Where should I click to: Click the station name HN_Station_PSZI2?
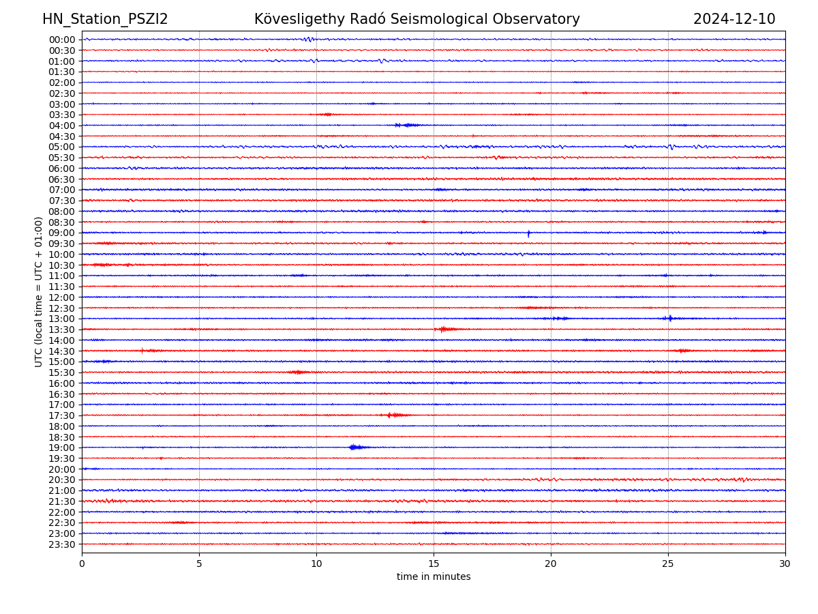pos(105,20)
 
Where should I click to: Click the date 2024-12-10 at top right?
pos(734,20)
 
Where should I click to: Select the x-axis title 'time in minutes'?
pos(434,577)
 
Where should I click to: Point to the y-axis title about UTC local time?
pos(39,292)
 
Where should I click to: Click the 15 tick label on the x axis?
pos(434,564)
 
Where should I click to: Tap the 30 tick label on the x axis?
pos(785,564)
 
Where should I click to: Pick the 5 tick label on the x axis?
pos(199,564)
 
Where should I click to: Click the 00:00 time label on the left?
pos(61,40)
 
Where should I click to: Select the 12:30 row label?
pos(61,308)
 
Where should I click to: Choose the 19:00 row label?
pos(61,448)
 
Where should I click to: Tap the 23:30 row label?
pos(61,544)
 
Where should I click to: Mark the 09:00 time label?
pos(61,233)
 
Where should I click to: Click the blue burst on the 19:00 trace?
pos(355,448)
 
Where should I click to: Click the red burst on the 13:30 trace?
pos(445,330)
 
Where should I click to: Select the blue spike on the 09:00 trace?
pos(528,233)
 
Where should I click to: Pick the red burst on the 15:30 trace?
pos(298,372)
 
